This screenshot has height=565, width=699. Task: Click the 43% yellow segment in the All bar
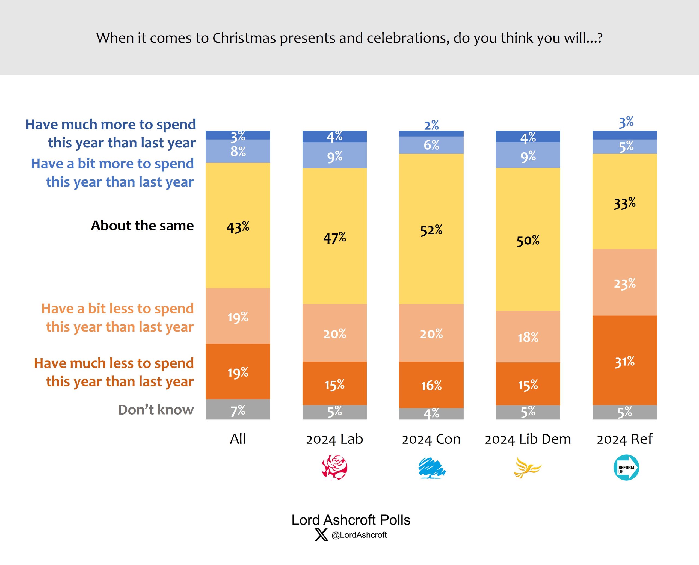pos(238,226)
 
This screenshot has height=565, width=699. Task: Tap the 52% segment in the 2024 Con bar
pos(431,229)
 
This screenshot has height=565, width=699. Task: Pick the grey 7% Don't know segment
pos(238,409)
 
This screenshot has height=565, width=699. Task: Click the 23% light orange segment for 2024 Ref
pos(624,282)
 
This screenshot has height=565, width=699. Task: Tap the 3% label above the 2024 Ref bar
pos(626,122)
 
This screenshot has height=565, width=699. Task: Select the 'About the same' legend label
pos(142,226)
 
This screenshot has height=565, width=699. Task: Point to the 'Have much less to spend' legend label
pos(114,372)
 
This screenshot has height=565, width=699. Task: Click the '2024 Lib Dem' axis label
pos(528,439)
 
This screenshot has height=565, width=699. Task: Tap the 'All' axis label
pos(238,439)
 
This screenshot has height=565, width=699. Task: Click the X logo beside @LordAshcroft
pos(321,535)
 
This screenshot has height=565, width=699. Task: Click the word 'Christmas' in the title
pos(244,38)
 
